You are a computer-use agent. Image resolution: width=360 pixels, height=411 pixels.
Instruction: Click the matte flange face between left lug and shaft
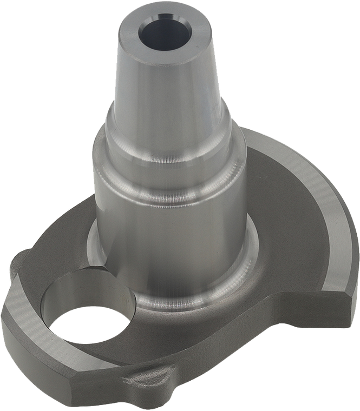click(x=60, y=254)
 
